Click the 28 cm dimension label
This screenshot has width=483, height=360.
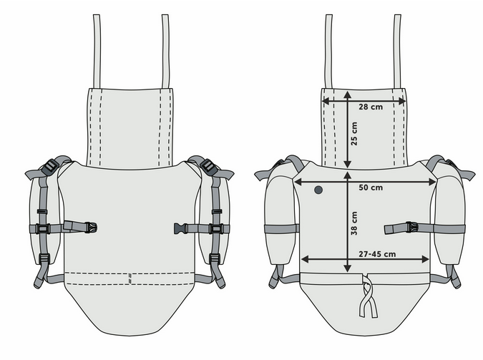pyautogui.click(x=371, y=107)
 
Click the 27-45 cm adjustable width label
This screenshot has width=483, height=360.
pyautogui.click(x=377, y=253)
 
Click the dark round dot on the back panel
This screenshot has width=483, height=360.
pyautogui.click(x=318, y=190)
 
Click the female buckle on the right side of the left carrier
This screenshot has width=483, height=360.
pyautogui.click(x=180, y=228)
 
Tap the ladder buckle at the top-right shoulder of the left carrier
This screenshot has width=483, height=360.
pyautogui.click(x=208, y=166)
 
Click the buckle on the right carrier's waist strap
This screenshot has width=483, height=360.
pyautogui.click(x=411, y=228)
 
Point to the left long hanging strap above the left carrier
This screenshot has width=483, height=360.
pyautogui.click(x=97, y=50)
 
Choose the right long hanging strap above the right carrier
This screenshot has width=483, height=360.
pyautogui.click(x=396, y=50)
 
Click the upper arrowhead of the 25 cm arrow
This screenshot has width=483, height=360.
pyautogui.click(x=348, y=94)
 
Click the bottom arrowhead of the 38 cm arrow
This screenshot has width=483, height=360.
pyautogui.click(x=348, y=268)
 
